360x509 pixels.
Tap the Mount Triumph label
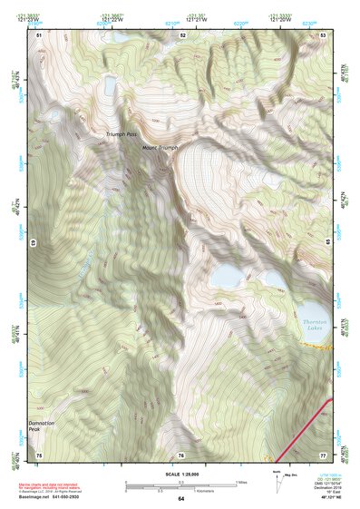(x=160, y=146)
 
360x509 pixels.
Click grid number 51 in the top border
(x=40, y=34)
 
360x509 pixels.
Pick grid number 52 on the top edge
(x=182, y=34)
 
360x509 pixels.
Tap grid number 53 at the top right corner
(x=324, y=34)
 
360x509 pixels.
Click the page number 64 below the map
(x=180, y=498)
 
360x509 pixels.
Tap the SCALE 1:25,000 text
(x=181, y=475)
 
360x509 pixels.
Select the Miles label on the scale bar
(x=240, y=482)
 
